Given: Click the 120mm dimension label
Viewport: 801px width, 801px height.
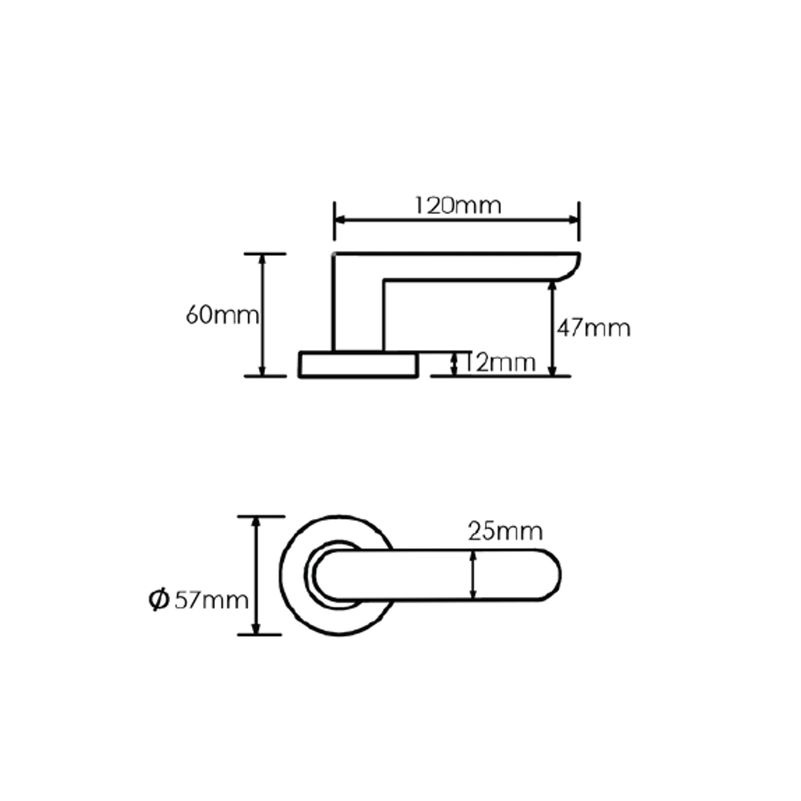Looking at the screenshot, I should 457,206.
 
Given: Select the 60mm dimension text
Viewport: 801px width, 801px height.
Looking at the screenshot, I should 222,315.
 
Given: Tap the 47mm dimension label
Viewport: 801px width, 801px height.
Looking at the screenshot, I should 594,328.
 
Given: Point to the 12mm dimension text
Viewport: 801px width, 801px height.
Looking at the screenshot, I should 499,363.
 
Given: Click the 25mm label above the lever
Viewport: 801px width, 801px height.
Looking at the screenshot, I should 505,531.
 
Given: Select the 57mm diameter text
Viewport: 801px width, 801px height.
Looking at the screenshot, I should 211,600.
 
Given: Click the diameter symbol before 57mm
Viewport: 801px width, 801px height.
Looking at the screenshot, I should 159,600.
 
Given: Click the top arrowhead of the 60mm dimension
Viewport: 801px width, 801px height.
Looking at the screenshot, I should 262,259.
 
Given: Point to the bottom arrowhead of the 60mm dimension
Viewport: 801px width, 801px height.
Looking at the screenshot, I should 262,371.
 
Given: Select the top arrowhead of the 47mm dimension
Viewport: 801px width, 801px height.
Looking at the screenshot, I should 552,286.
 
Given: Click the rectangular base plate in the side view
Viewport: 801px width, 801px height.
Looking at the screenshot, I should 358,365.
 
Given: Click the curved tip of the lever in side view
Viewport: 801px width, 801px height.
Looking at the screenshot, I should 571,268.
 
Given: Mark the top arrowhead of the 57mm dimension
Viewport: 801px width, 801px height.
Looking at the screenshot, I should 256,522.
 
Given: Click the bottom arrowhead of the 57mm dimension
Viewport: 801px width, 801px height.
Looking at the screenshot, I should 256,629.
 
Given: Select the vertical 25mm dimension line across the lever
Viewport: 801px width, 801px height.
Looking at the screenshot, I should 473,575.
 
